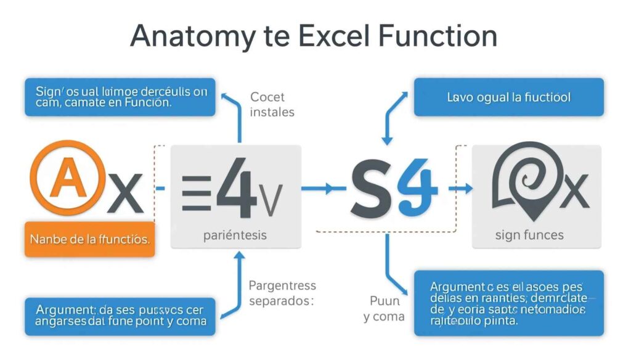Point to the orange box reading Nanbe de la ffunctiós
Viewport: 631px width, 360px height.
[x=89, y=238]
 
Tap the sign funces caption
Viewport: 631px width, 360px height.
[x=529, y=235]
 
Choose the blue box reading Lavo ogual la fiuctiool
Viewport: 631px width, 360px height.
[x=508, y=97]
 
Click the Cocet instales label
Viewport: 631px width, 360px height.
[x=272, y=104]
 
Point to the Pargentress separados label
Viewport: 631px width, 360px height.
[x=282, y=294]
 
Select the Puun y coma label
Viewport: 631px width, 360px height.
[x=384, y=309]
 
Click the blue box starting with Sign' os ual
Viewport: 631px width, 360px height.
[x=120, y=97]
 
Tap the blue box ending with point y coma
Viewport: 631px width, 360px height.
[x=120, y=316]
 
